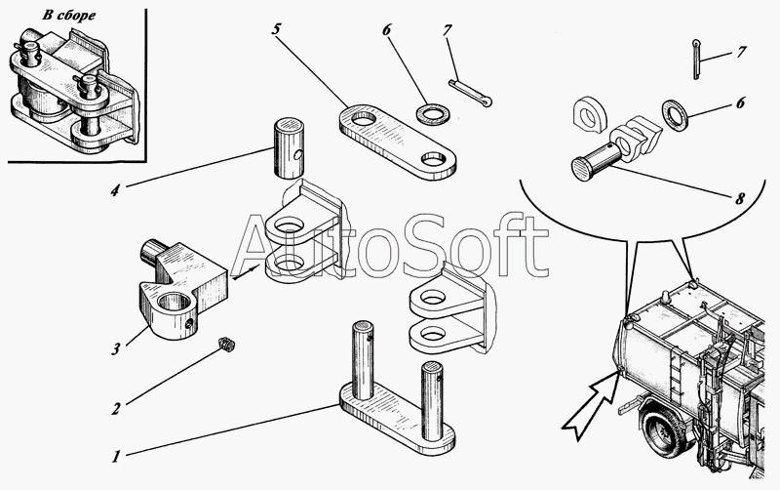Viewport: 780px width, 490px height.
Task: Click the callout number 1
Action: tap(116, 456)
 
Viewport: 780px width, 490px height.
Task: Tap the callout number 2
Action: tap(116, 409)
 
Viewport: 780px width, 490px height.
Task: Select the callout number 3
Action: tap(115, 349)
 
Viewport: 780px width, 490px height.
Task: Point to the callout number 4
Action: tap(115, 190)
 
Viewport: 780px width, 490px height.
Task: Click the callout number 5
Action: tap(276, 29)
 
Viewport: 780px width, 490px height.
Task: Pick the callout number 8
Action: tap(740, 198)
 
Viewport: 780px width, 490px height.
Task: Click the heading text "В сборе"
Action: tap(68, 16)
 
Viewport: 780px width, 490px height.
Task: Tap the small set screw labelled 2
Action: tap(227, 345)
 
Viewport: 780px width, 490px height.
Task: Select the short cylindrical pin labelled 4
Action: tap(289, 148)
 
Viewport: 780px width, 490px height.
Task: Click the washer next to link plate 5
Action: tap(432, 113)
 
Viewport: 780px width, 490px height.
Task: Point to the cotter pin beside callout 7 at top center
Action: tap(470, 93)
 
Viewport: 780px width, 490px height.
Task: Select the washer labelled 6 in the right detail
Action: tap(675, 115)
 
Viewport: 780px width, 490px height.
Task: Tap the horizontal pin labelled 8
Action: tap(597, 161)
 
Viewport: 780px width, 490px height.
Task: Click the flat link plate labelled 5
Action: tap(398, 142)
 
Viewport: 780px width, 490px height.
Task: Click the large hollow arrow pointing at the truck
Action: tap(591, 407)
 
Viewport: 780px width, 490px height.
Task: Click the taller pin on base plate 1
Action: tap(363, 360)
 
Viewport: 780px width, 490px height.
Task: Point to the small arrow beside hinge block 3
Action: tap(246, 272)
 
